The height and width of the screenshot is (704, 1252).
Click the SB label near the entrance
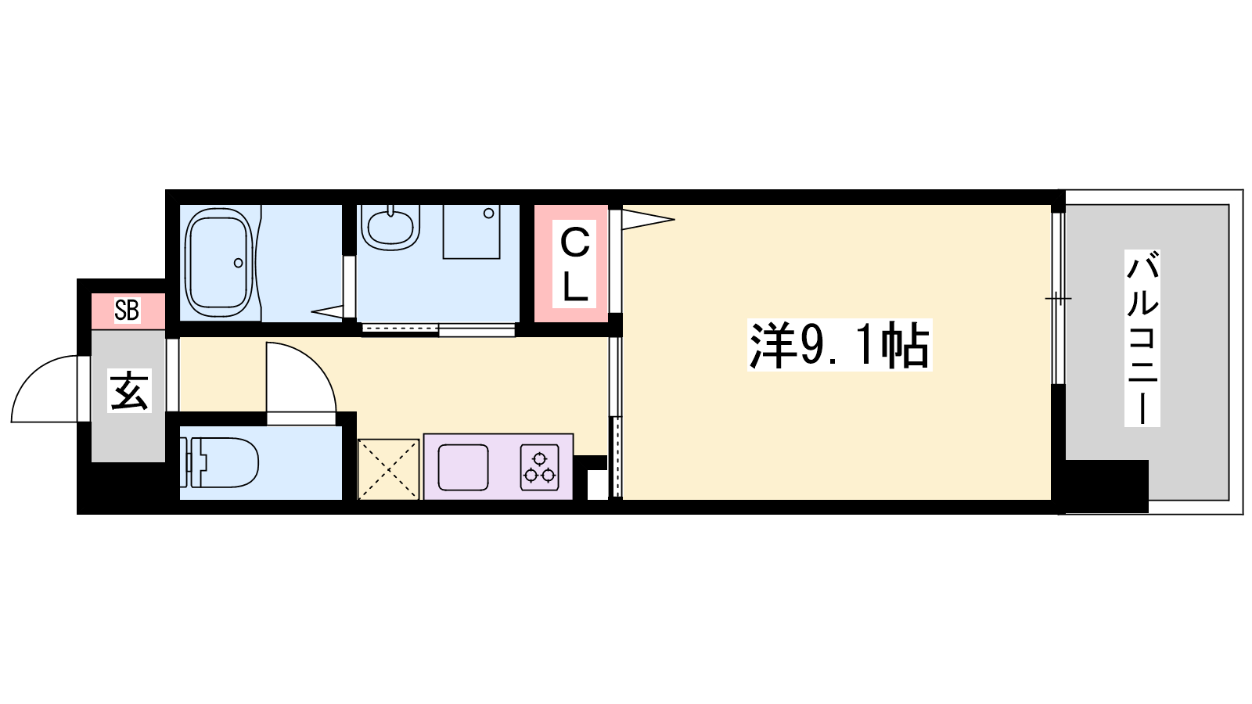127,311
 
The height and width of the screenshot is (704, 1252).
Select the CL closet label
574,264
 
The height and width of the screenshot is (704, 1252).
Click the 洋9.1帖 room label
839,345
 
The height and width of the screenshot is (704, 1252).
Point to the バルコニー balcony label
1142,337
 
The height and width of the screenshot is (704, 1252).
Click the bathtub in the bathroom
218,263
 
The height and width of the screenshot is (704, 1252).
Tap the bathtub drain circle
239,263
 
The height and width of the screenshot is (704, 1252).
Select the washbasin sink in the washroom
390,225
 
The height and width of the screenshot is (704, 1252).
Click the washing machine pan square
471,232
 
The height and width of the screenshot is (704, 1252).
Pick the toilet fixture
219,462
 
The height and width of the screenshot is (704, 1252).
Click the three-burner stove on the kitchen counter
539,468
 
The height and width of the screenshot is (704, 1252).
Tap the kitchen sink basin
462,468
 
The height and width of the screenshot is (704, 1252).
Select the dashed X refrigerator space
388,469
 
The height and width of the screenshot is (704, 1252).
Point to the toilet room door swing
313,363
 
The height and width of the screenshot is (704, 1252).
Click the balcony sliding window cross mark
1058,299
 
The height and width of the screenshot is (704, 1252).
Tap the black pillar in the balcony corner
1106,486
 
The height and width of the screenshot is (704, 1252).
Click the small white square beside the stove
597,485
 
